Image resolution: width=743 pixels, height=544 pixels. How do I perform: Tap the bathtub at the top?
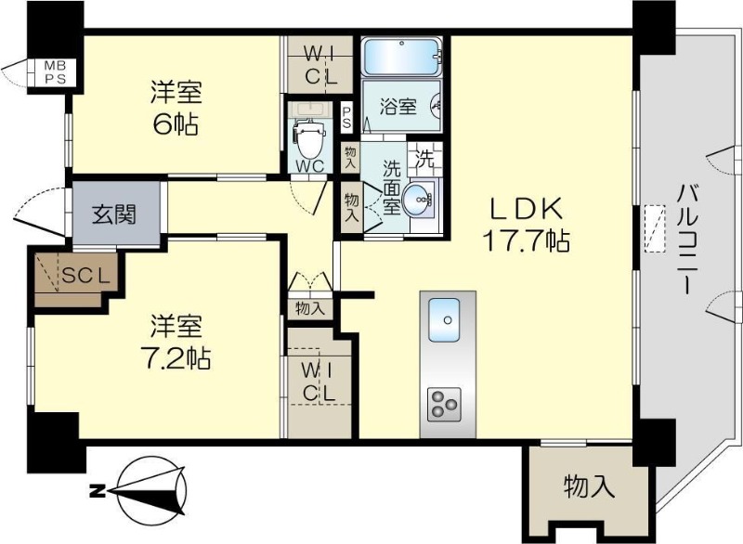[401, 57]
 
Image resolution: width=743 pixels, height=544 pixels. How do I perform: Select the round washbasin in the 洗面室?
[417, 201]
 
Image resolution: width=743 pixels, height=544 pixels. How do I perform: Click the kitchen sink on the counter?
[444, 320]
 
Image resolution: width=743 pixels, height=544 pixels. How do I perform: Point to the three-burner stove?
[444, 404]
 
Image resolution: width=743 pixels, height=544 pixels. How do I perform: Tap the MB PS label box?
[56, 72]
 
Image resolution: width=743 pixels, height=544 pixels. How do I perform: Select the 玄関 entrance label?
[114, 214]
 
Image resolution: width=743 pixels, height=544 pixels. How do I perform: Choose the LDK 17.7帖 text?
[526, 225]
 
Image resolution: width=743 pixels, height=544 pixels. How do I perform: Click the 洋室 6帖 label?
[176, 108]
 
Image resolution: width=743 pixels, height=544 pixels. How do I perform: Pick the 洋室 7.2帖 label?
[176, 341]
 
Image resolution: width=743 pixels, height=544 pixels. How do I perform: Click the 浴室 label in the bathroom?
[398, 107]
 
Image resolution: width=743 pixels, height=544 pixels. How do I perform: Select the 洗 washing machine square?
[424, 159]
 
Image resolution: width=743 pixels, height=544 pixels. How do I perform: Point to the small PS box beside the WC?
[346, 117]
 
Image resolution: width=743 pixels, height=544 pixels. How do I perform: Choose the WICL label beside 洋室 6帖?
[320, 67]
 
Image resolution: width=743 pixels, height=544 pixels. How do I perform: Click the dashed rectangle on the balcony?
[655, 228]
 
